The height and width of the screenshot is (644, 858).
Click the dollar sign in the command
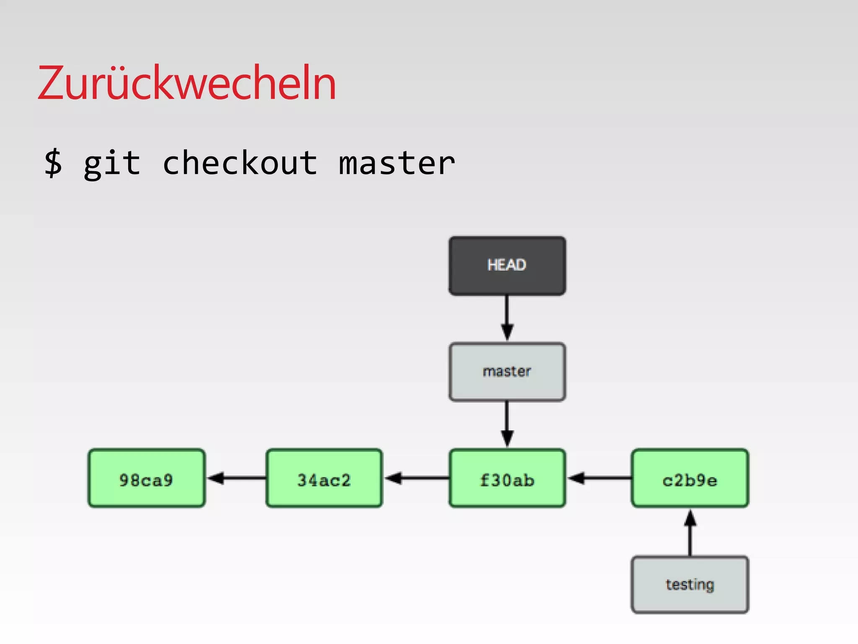pos(54,163)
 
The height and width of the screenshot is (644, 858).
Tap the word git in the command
pos(112,163)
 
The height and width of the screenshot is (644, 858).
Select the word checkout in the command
pos(240,163)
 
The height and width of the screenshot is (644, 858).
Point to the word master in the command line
pos(396,163)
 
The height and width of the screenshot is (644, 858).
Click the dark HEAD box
pos(507,266)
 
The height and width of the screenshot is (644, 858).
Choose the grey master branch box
pos(507,372)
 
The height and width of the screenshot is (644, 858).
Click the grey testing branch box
pos(690,584)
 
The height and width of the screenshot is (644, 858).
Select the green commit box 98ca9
pos(146,478)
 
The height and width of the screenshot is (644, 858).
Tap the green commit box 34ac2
pos(324,478)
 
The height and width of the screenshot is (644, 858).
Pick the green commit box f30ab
pos(507,478)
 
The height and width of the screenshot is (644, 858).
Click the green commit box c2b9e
pos(690,478)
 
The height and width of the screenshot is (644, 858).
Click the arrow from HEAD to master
pos(507,318)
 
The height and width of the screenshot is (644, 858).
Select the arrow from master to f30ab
pos(507,423)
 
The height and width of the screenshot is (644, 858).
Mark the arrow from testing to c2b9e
pos(690,532)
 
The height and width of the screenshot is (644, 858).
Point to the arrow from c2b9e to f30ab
pos(599,478)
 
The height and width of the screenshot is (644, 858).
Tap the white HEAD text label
pos(507,265)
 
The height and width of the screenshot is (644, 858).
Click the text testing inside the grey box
pos(690,584)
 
